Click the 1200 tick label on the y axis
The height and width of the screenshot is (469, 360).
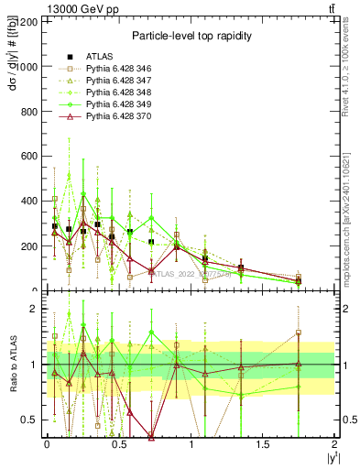[27, 22]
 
